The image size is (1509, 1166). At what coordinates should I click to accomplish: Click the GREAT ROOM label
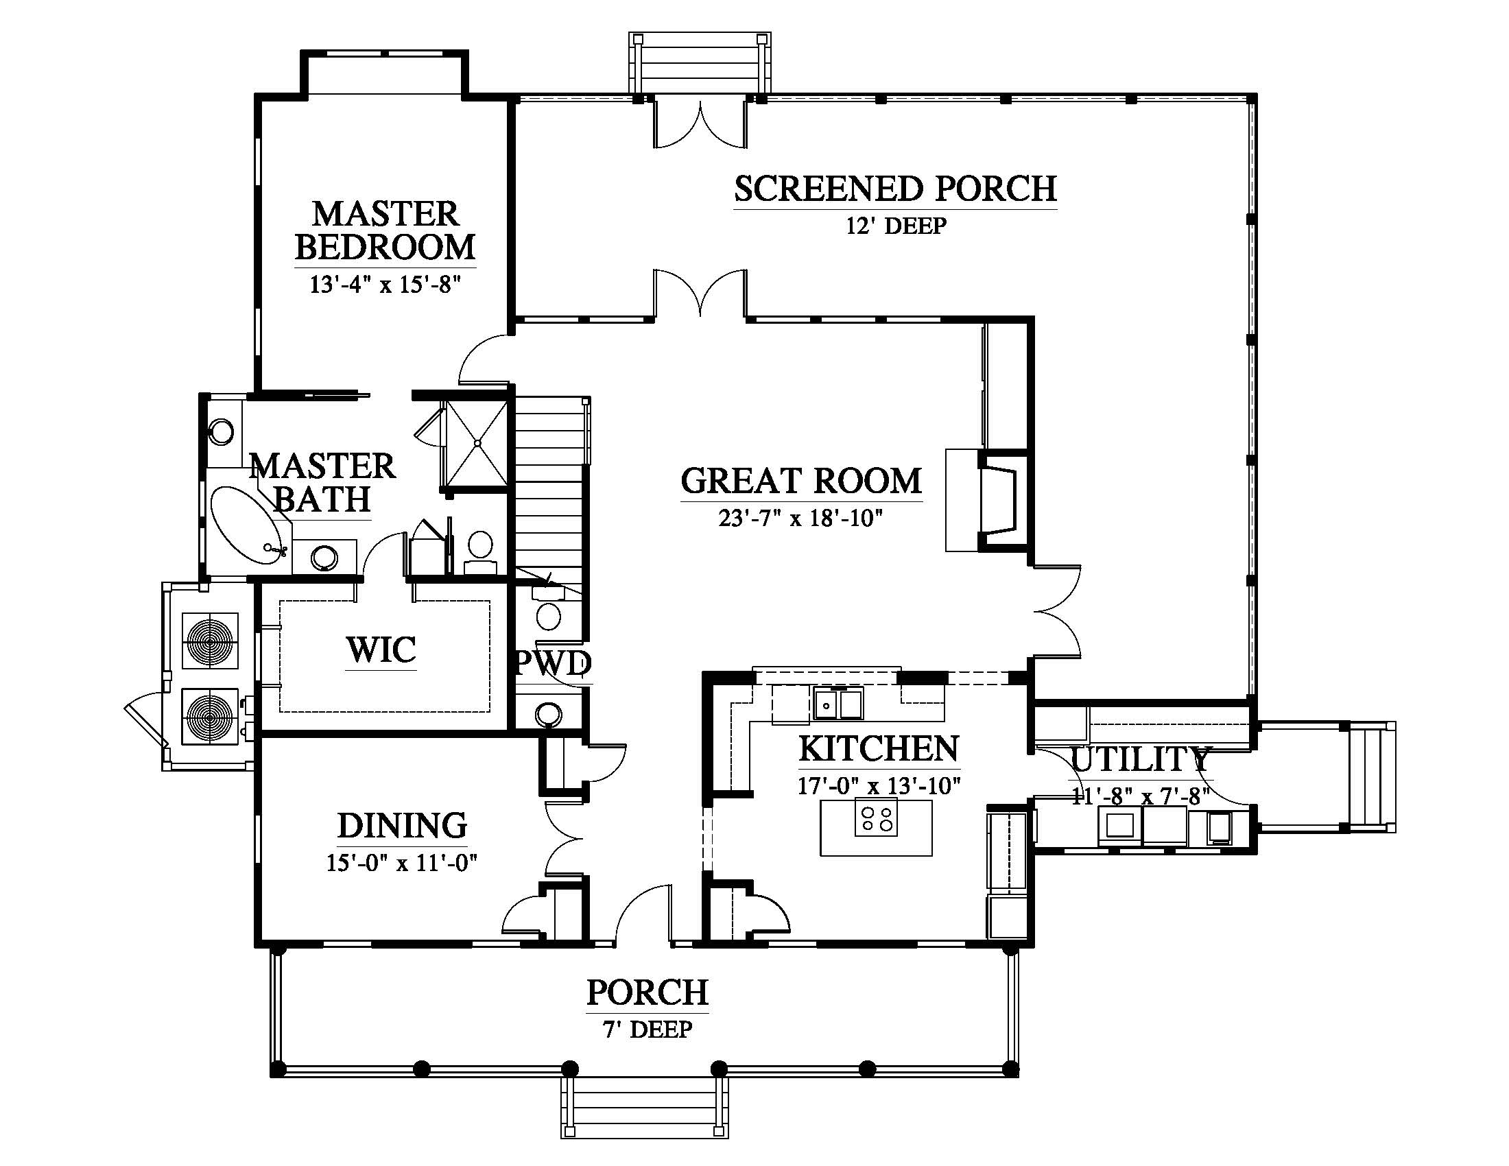click(x=801, y=481)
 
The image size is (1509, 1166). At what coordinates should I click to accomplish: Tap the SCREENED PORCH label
click(x=895, y=189)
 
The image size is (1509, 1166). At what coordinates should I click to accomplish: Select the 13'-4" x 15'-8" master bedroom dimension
click(x=385, y=285)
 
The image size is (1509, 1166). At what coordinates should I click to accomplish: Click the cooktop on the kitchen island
click(x=876, y=816)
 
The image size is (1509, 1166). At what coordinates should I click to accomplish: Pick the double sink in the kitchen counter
click(x=838, y=704)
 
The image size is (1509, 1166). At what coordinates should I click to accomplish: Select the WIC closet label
click(x=381, y=650)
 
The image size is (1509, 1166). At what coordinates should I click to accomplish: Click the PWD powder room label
click(x=554, y=664)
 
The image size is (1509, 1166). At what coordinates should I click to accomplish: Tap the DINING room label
click(x=402, y=825)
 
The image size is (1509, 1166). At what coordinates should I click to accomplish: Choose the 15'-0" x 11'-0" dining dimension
click(x=402, y=863)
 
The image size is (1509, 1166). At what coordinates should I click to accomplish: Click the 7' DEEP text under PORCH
click(x=647, y=1030)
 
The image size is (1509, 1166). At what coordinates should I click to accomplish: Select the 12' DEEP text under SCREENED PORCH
click(x=896, y=226)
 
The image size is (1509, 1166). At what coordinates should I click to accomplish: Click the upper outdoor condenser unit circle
click(x=209, y=641)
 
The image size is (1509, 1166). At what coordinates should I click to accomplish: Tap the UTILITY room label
click(x=1140, y=759)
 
